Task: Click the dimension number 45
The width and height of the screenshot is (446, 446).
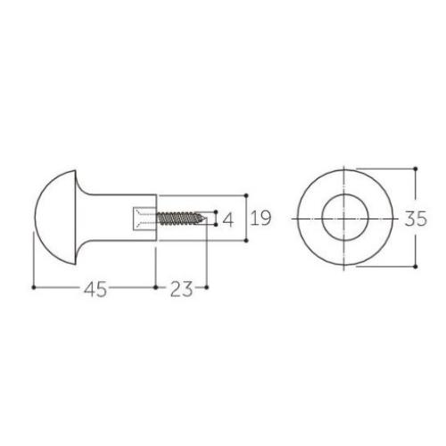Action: click(95, 289)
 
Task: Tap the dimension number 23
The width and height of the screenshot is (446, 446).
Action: click(181, 289)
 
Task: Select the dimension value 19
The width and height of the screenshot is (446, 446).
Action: click(260, 218)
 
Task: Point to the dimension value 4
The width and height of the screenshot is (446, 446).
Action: click(228, 220)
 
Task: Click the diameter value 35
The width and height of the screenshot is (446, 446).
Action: click(416, 219)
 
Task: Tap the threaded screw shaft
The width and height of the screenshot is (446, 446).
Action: click(178, 218)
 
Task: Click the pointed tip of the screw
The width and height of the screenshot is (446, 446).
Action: click(206, 219)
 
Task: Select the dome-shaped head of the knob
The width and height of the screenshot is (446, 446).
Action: click(55, 218)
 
